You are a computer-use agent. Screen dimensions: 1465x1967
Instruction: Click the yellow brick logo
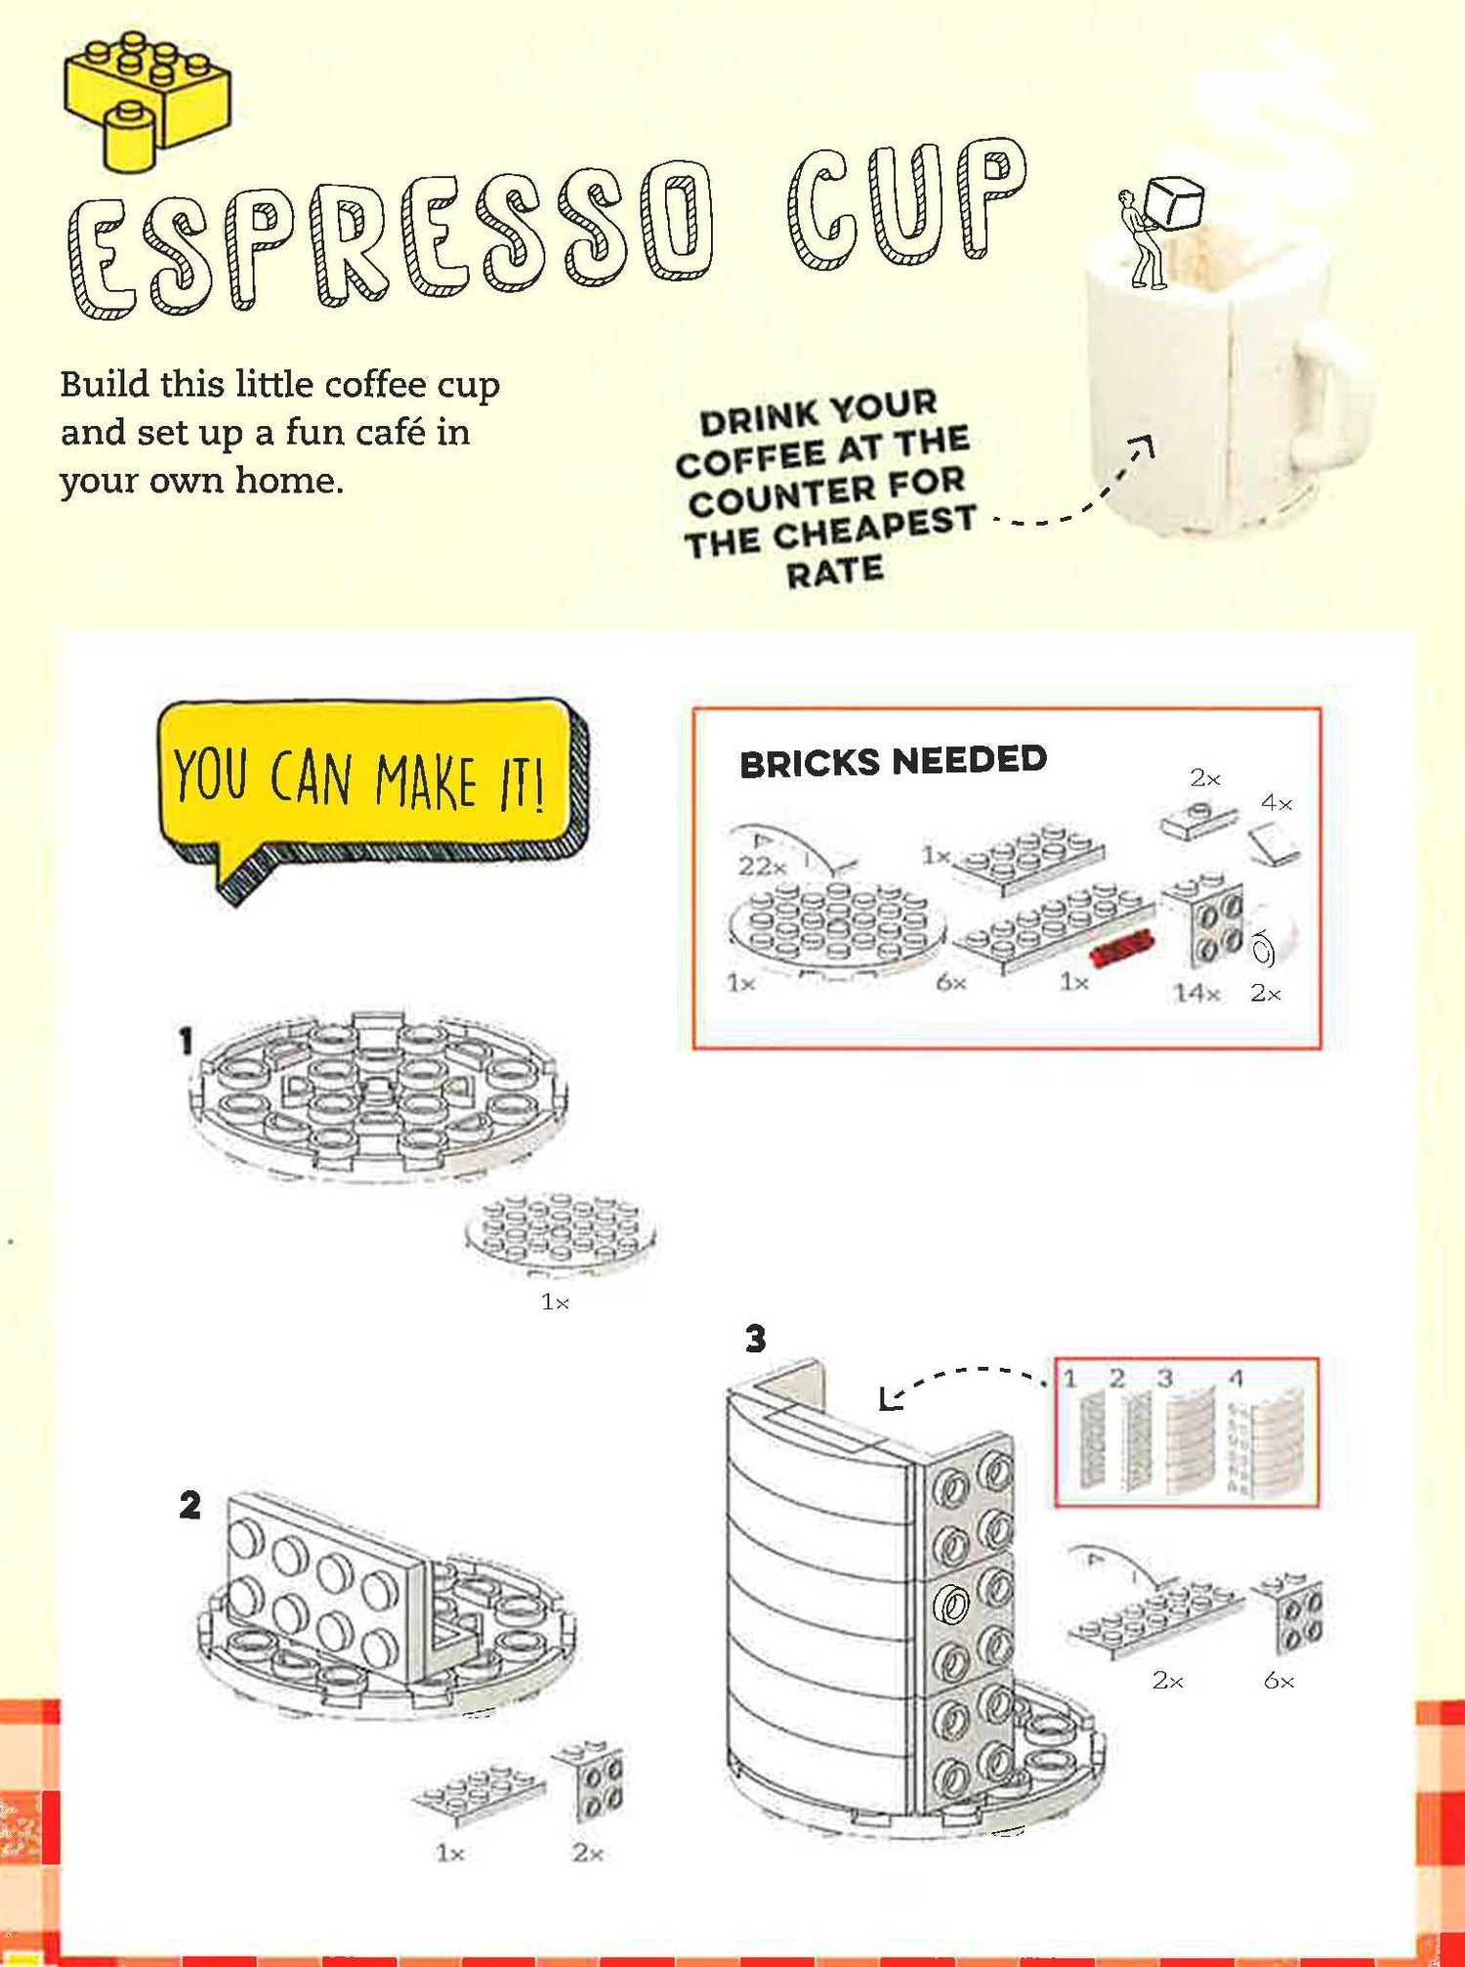coord(146,98)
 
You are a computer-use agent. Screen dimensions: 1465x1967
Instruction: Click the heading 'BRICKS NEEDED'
coord(893,761)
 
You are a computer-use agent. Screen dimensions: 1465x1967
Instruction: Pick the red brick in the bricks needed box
coord(1122,948)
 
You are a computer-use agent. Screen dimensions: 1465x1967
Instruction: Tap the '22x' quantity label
coord(762,866)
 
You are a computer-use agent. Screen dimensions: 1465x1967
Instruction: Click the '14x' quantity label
coord(1196,993)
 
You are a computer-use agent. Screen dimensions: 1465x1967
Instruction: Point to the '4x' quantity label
coord(1277,803)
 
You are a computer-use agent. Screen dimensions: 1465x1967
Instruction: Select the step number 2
coord(189,1506)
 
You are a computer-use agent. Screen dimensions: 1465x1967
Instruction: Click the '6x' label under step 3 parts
coord(1278,1681)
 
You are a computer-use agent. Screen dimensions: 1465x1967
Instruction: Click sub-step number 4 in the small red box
coord(1235,1379)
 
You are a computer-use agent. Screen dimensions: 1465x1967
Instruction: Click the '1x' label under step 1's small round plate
coord(555,1302)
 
